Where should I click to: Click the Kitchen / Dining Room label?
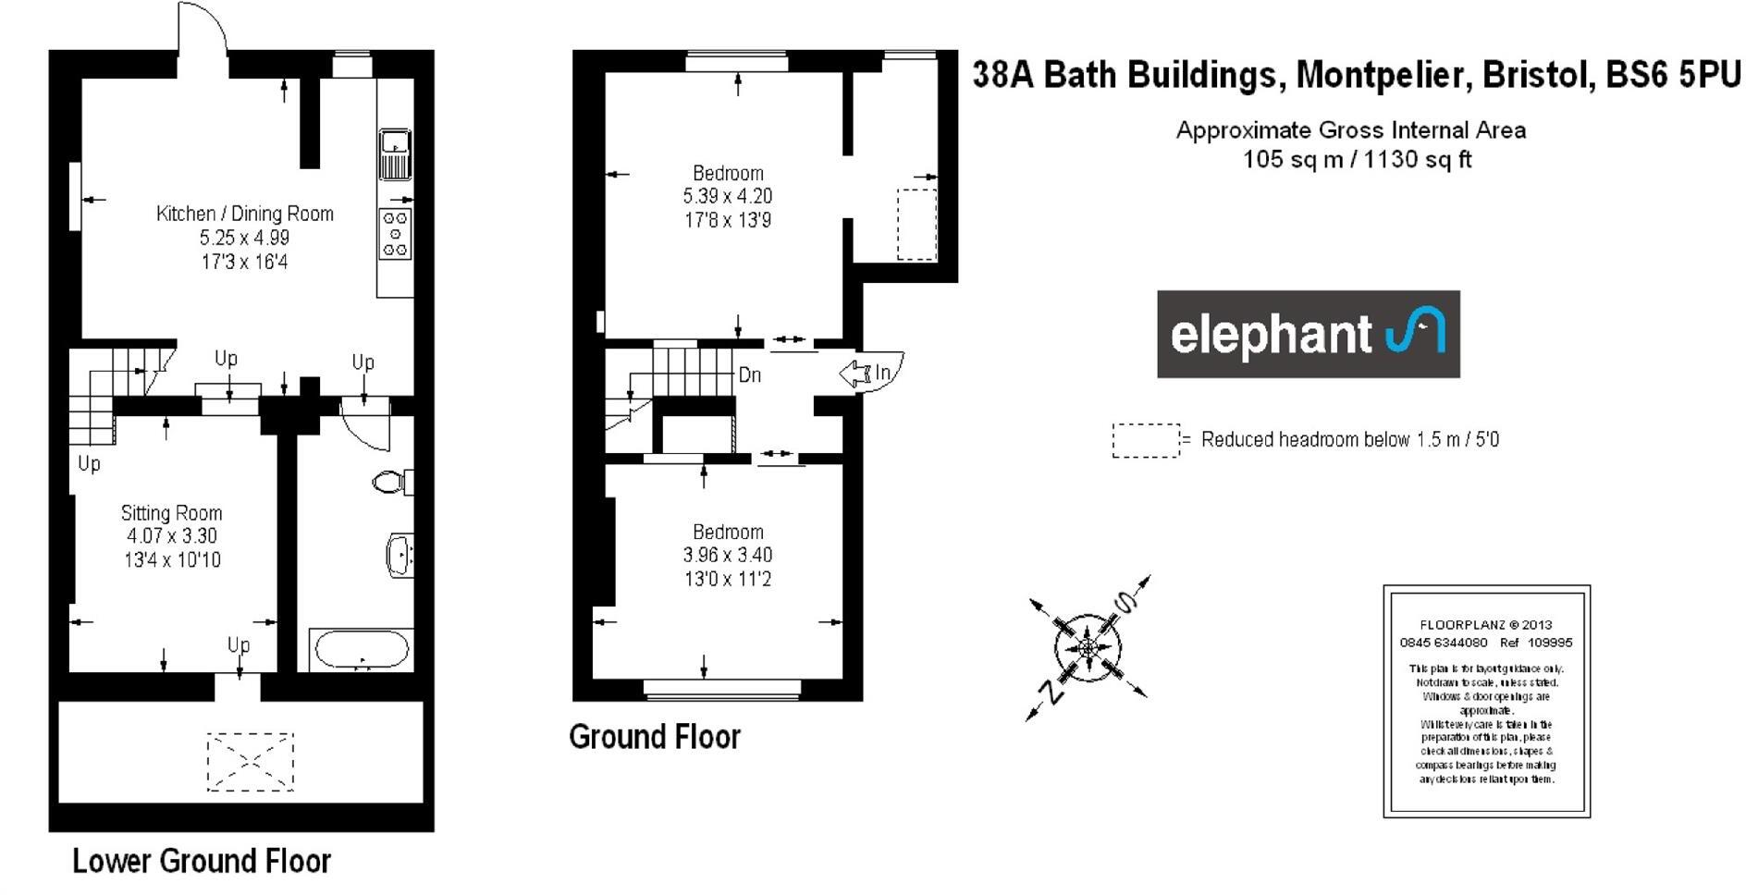(244, 214)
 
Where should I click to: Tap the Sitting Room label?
(172, 513)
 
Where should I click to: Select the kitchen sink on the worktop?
(395, 154)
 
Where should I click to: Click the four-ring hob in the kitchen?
(395, 234)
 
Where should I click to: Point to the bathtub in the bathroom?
(361, 649)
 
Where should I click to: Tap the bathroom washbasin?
(400, 556)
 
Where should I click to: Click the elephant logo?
(1308, 334)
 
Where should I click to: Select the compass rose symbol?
(1088, 645)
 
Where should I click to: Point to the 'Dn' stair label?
(750, 375)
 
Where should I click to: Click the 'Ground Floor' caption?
(655, 737)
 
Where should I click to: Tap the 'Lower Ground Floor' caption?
(202, 861)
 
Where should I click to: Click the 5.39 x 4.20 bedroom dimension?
(727, 196)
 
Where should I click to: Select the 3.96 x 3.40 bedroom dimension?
(727, 555)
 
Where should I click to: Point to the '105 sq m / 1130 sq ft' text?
(1357, 159)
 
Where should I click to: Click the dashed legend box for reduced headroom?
(1146, 440)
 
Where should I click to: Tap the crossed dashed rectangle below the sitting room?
(250, 762)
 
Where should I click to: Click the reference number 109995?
(1550, 643)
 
